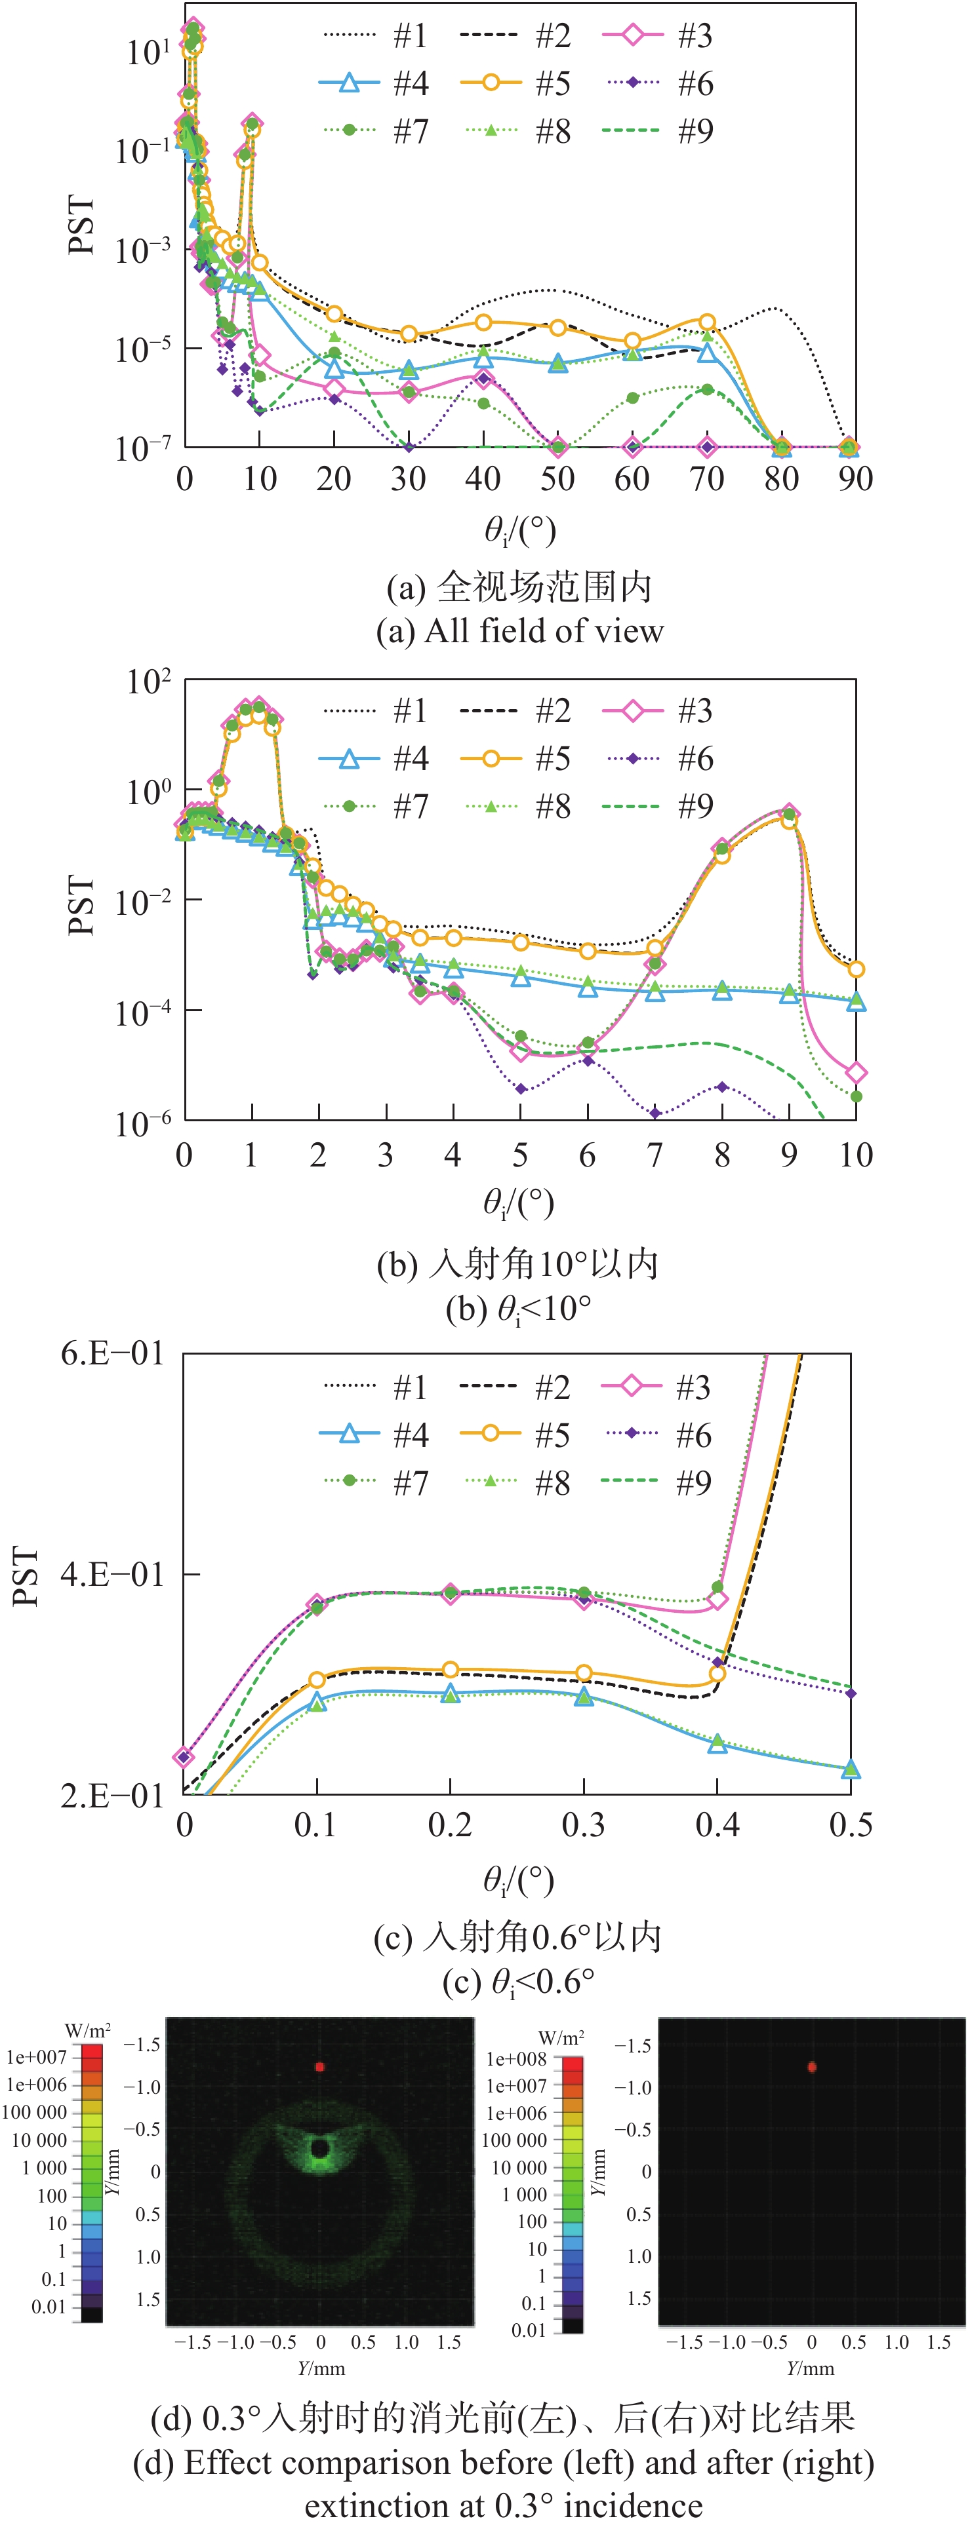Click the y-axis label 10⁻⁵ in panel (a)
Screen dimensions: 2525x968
(x=143, y=348)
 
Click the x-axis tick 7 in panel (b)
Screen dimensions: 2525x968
(x=654, y=1155)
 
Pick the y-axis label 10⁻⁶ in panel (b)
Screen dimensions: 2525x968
(x=143, y=1121)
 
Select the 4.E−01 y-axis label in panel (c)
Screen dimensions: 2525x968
(x=111, y=1574)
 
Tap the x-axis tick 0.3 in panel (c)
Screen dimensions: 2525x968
(x=584, y=1824)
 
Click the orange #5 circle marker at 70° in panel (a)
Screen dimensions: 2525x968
(x=707, y=322)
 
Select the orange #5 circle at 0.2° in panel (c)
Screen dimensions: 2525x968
(x=450, y=1669)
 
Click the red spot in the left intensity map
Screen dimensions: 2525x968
(x=320, y=2066)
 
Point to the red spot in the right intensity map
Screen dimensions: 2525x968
(x=811, y=2067)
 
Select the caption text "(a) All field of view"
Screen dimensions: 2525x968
(x=520, y=630)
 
